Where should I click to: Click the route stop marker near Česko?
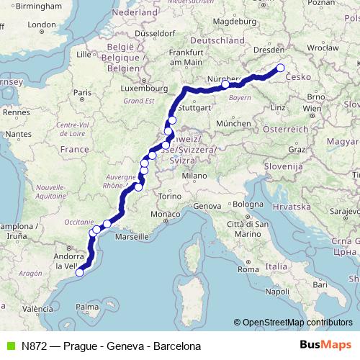pos(280,68)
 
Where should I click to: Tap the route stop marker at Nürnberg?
pos(225,84)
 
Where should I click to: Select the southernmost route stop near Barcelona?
pos(80,271)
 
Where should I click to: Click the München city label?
pos(233,123)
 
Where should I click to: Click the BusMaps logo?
pos(325,346)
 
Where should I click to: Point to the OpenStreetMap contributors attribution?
pos(293,323)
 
